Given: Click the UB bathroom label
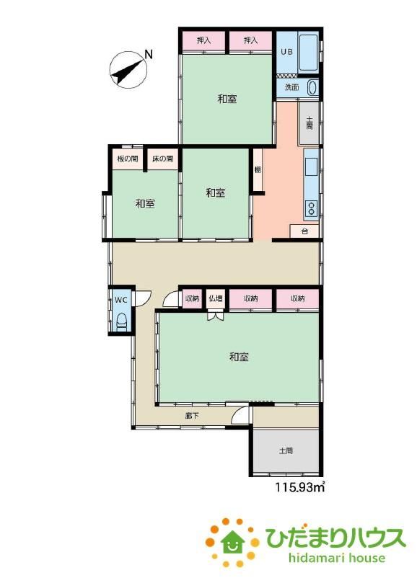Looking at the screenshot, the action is click(286, 52).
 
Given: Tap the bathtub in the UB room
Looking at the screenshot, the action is click(308, 53).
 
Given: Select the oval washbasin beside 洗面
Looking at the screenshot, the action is click(312, 88).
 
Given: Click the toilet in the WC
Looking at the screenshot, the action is click(122, 321).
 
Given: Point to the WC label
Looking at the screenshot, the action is click(120, 300).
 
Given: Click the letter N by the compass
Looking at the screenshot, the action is click(149, 55).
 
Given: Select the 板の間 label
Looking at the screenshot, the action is click(127, 159).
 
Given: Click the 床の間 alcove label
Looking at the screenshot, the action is click(162, 159).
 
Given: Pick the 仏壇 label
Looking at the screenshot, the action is click(216, 298).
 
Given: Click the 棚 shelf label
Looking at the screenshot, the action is click(258, 170).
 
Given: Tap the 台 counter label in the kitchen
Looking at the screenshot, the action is click(304, 231).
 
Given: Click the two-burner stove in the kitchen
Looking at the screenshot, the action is click(311, 208).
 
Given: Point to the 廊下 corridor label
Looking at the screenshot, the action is click(192, 416).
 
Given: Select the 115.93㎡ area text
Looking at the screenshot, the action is click(300, 486).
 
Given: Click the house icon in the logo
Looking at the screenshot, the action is click(232, 541).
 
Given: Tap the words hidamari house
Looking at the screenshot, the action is click(336, 558).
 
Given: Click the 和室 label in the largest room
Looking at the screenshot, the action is click(239, 357).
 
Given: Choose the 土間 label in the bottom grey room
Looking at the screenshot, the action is click(286, 450).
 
